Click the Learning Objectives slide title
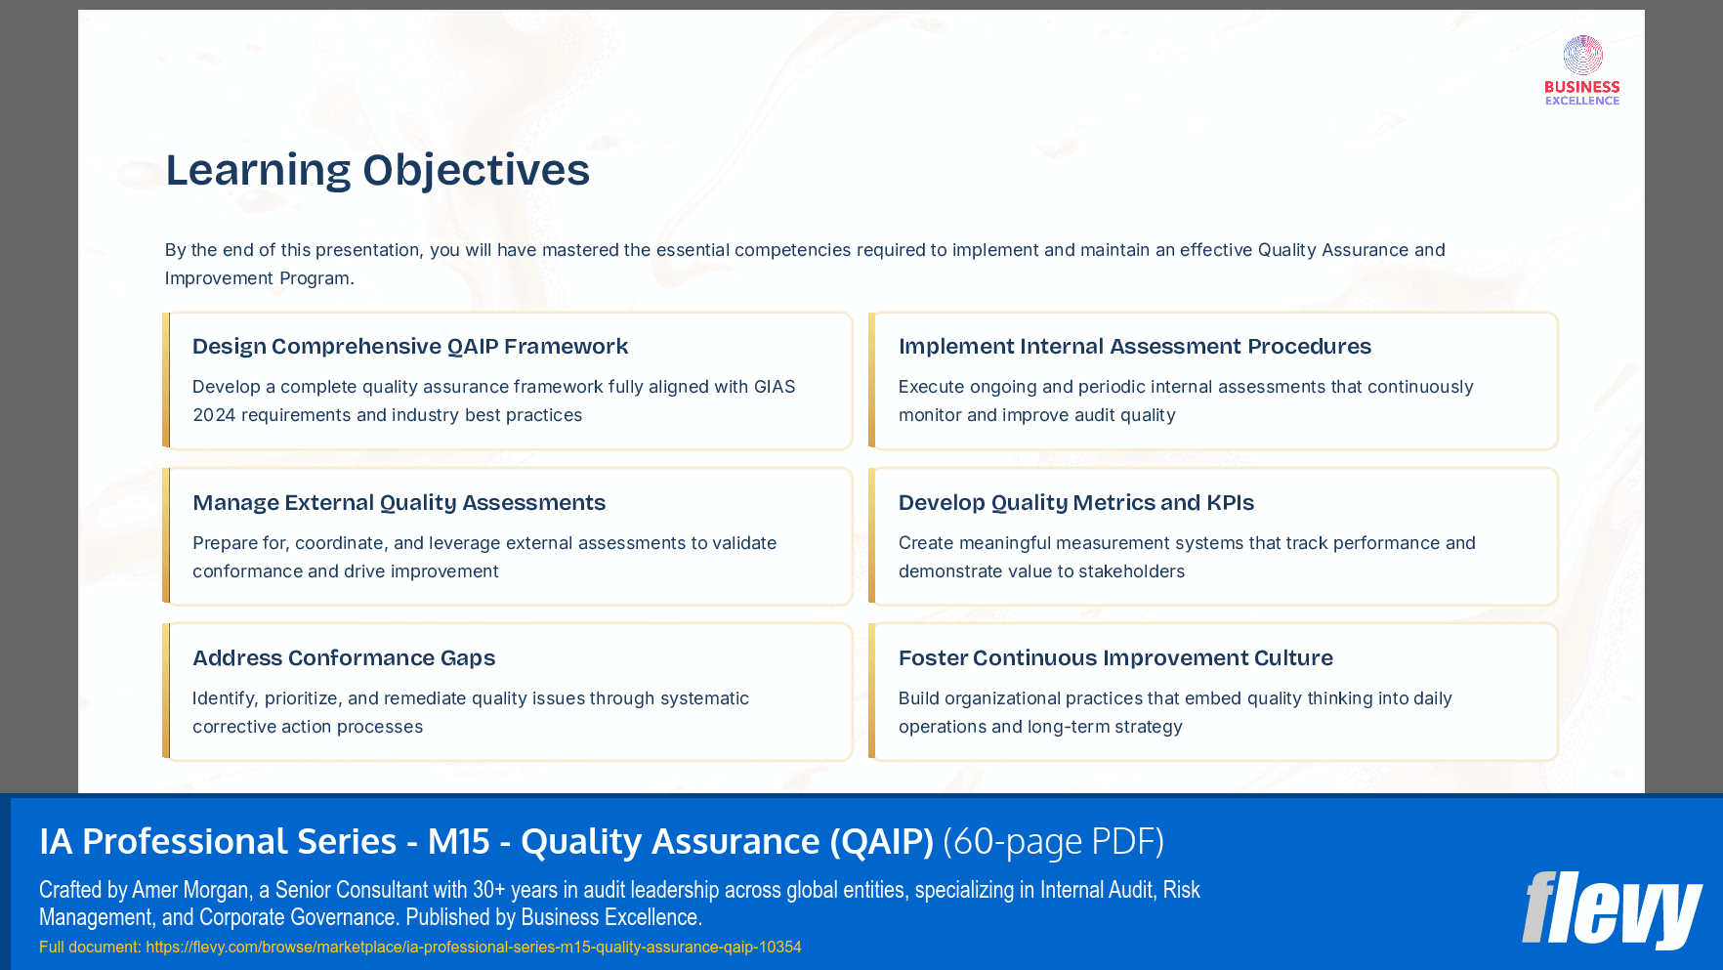377,170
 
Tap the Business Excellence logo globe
1582,56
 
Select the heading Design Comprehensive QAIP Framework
409,347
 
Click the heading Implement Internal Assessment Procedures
1134,347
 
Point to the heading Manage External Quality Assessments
399,503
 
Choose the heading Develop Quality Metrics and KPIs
1075,503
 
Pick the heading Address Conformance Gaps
344,658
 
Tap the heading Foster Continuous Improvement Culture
1115,658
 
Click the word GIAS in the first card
775,387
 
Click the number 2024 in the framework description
214,415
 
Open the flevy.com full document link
473,947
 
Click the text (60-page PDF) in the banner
1053,841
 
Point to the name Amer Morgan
190,890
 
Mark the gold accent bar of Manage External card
166,536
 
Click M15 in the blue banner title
458,841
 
